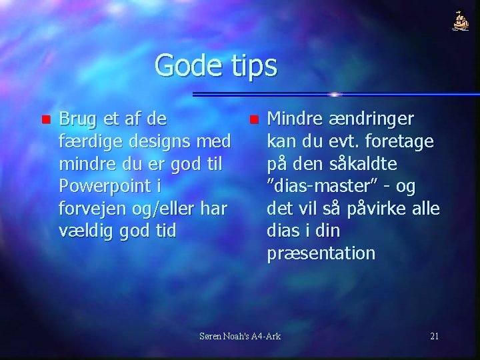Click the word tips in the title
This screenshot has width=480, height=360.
point(253,67)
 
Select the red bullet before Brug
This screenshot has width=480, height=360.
point(45,121)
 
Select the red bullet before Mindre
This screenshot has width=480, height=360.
point(253,121)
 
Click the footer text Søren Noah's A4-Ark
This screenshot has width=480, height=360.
point(241,335)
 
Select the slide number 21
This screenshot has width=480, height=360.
point(434,335)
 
